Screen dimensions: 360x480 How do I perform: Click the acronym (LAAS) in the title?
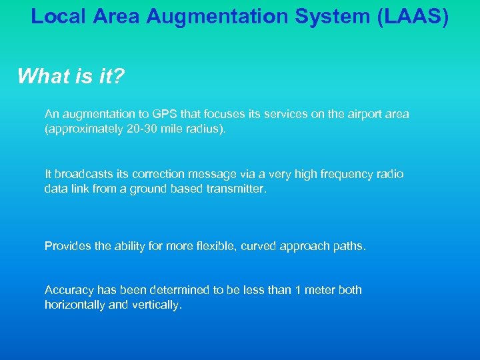click(x=413, y=16)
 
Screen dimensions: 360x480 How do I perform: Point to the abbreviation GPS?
click(x=165, y=114)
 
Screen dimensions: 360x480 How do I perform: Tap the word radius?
click(x=206, y=129)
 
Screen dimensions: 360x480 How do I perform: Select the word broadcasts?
click(x=81, y=174)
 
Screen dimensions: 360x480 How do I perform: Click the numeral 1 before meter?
click(x=298, y=290)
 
